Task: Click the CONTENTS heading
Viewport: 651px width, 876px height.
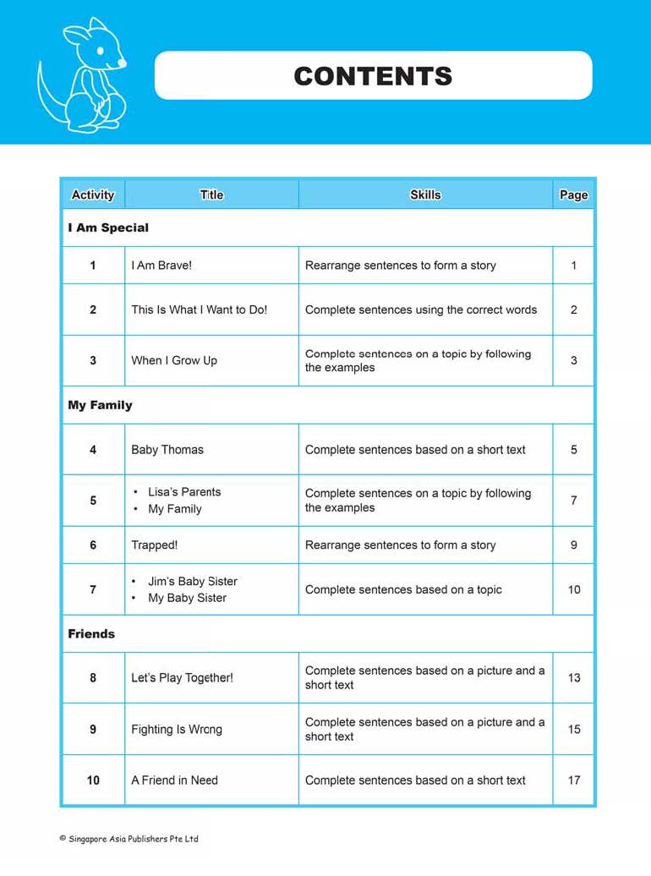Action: pos(373,76)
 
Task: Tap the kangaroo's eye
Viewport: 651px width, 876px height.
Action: pos(100,52)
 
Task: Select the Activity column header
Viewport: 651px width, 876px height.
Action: pos(93,194)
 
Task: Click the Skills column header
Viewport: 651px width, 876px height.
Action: pos(425,194)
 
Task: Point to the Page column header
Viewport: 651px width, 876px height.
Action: pos(573,194)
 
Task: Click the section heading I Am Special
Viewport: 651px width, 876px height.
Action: pos(108,227)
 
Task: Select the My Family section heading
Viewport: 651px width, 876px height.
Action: pos(100,405)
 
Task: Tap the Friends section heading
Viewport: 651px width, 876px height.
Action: pos(91,633)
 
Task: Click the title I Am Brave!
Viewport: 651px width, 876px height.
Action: pos(161,266)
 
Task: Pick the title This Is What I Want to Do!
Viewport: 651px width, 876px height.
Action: pos(199,309)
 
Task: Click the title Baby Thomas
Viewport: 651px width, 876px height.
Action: pos(167,450)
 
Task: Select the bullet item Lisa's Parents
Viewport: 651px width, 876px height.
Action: pos(184,492)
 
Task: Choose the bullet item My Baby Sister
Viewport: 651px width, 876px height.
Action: pos(187,598)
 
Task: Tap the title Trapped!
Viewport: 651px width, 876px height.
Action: pos(154,545)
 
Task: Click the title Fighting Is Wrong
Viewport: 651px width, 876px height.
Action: pos(177,729)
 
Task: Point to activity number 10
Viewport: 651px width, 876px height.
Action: pos(93,780)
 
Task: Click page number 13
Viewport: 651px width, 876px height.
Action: pos(574,677)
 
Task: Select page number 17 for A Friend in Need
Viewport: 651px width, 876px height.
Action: pos(574,780)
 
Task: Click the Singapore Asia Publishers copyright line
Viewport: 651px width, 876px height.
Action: pos(129,839)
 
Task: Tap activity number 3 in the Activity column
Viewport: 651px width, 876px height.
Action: pos(93,360)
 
